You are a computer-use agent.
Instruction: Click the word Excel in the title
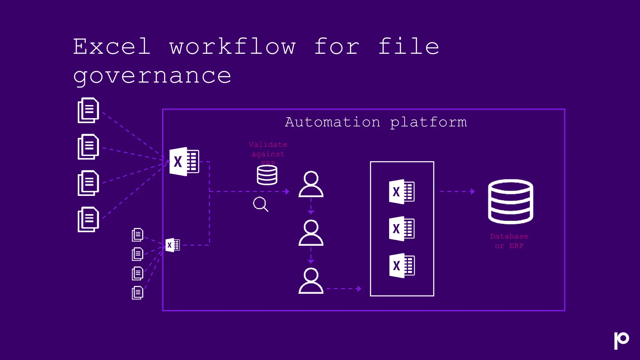(x=112, y=47)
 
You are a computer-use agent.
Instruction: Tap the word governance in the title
(x=152, y=76)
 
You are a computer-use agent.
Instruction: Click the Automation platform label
(x=376, y=122)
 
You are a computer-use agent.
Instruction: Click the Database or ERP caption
(x=509, y=241)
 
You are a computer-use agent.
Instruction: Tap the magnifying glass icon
(x=260, y=204)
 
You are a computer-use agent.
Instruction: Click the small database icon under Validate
(x=267, y=175)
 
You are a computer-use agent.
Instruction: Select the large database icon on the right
(x=510, y=201)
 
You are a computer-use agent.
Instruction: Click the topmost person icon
(x=311, y=184)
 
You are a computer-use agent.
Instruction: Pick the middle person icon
(x=311, y=233)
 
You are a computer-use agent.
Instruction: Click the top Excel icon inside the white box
(x=402, y=192)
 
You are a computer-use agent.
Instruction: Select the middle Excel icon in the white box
(x=402, y=228)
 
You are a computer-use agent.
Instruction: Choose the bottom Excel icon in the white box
(x=402, y=266)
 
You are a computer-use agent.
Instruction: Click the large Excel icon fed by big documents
(x=184, y=162)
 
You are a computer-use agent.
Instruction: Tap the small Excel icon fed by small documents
(x=172, y=245)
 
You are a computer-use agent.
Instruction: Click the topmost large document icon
(x=88, y=110)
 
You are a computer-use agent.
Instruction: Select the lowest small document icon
(x=137, y=293)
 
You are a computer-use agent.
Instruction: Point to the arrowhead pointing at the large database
(x=472, y=191)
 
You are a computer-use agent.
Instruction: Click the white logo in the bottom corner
(x=621, y=340)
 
